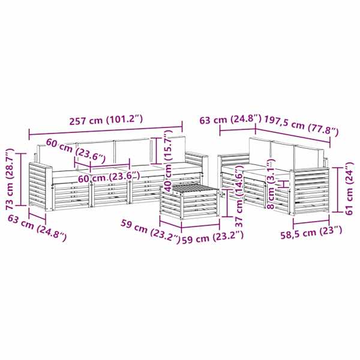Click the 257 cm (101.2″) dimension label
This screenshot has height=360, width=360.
106,120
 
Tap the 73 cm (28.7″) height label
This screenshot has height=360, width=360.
11,179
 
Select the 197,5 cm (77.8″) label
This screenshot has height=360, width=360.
301,126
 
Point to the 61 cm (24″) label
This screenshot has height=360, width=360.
349,188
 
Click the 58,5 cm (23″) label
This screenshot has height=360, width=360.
311,232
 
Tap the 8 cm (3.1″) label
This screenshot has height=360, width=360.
271,184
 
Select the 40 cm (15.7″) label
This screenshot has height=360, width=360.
168,160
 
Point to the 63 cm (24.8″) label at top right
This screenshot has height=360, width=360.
230,119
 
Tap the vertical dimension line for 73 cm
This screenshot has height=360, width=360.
22,179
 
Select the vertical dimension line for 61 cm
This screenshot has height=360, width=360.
337,190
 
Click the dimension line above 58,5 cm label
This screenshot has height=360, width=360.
311,222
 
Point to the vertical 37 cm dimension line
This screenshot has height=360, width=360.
227,203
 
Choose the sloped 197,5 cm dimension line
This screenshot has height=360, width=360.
293,136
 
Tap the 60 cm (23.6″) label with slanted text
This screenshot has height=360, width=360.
76,149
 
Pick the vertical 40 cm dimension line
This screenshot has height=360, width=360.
156,151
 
